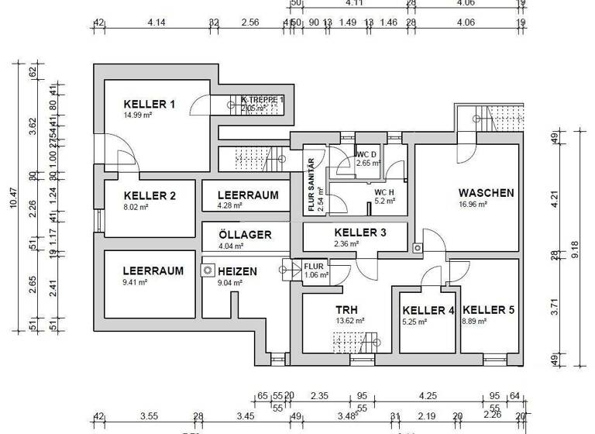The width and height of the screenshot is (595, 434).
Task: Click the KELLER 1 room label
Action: (150, 104)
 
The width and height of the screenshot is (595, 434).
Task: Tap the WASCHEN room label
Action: (486, 193)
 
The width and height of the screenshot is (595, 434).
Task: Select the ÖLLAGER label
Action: (244, 235)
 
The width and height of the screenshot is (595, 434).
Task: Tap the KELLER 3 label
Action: (359, 232)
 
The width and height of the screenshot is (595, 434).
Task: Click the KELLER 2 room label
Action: (150, 196)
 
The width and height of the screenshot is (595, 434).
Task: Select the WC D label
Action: (366, 154)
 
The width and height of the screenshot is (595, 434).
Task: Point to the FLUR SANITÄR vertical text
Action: (311, 184)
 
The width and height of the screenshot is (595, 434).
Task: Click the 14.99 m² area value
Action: (137, 115)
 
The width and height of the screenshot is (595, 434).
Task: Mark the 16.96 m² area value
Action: (472, 205)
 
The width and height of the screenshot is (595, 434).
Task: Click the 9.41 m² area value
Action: (136, 283)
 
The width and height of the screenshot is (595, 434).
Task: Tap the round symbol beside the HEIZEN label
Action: (208, 271)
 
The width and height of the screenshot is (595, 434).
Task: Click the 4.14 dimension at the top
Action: (157, 23)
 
